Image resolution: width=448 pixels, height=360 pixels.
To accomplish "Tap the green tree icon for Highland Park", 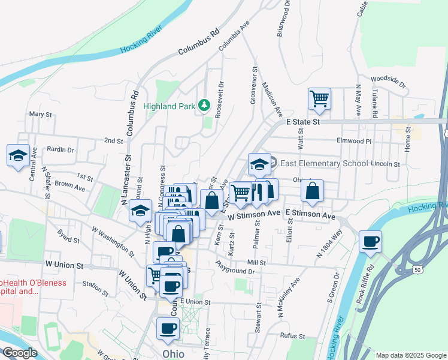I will pos(204,106).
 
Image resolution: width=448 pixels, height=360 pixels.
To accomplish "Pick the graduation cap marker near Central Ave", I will pos(19,155).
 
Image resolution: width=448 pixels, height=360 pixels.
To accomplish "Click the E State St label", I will pos(304,122).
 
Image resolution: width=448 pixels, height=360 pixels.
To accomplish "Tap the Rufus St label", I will pos(293,337).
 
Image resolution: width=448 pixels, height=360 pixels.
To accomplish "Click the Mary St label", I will pos(41,114).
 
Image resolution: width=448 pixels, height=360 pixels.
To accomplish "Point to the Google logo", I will pos(19,353).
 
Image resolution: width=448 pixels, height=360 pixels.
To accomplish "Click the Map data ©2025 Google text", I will pos(411,355).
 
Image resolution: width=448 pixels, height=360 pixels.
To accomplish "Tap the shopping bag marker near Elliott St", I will pos(312,191).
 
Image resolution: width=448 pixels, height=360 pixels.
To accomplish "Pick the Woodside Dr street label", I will pos(388,79).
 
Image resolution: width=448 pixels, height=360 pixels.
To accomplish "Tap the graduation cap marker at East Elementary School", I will pos(259,164).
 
